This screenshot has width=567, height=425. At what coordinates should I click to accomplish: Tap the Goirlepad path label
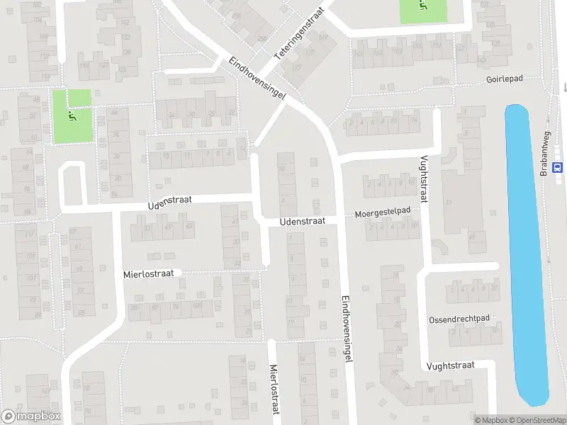tap(504, 79)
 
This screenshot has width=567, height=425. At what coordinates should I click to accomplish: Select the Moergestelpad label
tap(383, 212)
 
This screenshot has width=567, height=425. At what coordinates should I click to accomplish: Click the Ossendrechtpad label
tap(459, 319)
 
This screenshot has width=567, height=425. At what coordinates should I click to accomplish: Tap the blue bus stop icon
tap(558, 168)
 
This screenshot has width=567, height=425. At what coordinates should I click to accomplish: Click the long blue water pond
tap(526, 248)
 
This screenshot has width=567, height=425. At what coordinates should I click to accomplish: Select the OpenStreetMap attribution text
tap(537, 420)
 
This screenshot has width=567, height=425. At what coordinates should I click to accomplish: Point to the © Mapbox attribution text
tap(491, 420)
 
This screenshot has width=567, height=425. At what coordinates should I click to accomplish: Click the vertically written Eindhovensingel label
tap(347, 329)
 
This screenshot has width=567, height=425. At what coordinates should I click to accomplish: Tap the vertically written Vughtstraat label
tap(424, 179)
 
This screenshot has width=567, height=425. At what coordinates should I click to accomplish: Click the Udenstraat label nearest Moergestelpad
tap(303, 221)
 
